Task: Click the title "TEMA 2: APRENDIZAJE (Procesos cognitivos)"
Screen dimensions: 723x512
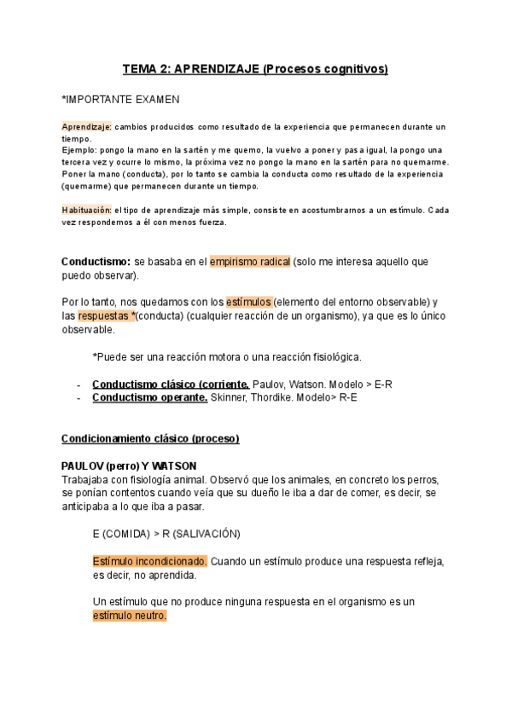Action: (x=255, y=69)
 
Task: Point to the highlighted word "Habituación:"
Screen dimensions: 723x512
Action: (x=87, y=210)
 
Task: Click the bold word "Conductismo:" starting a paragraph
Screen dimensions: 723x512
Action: (x=96, y=262)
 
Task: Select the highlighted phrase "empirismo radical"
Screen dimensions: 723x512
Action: (x=250, y=262)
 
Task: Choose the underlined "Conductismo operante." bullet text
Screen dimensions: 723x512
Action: (x=150, y=397)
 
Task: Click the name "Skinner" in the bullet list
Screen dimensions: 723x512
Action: (x=230, y=397)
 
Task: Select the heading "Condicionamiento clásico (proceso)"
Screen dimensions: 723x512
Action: (x=150, y=438)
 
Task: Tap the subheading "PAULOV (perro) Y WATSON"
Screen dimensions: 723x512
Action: (x=129, y=466)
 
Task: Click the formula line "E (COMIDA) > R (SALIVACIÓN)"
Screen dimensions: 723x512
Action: (x=166, y=534)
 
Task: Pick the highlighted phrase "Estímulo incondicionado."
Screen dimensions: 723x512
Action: (x=149, y=561)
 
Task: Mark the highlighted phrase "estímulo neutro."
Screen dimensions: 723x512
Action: (x=130, y=616)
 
